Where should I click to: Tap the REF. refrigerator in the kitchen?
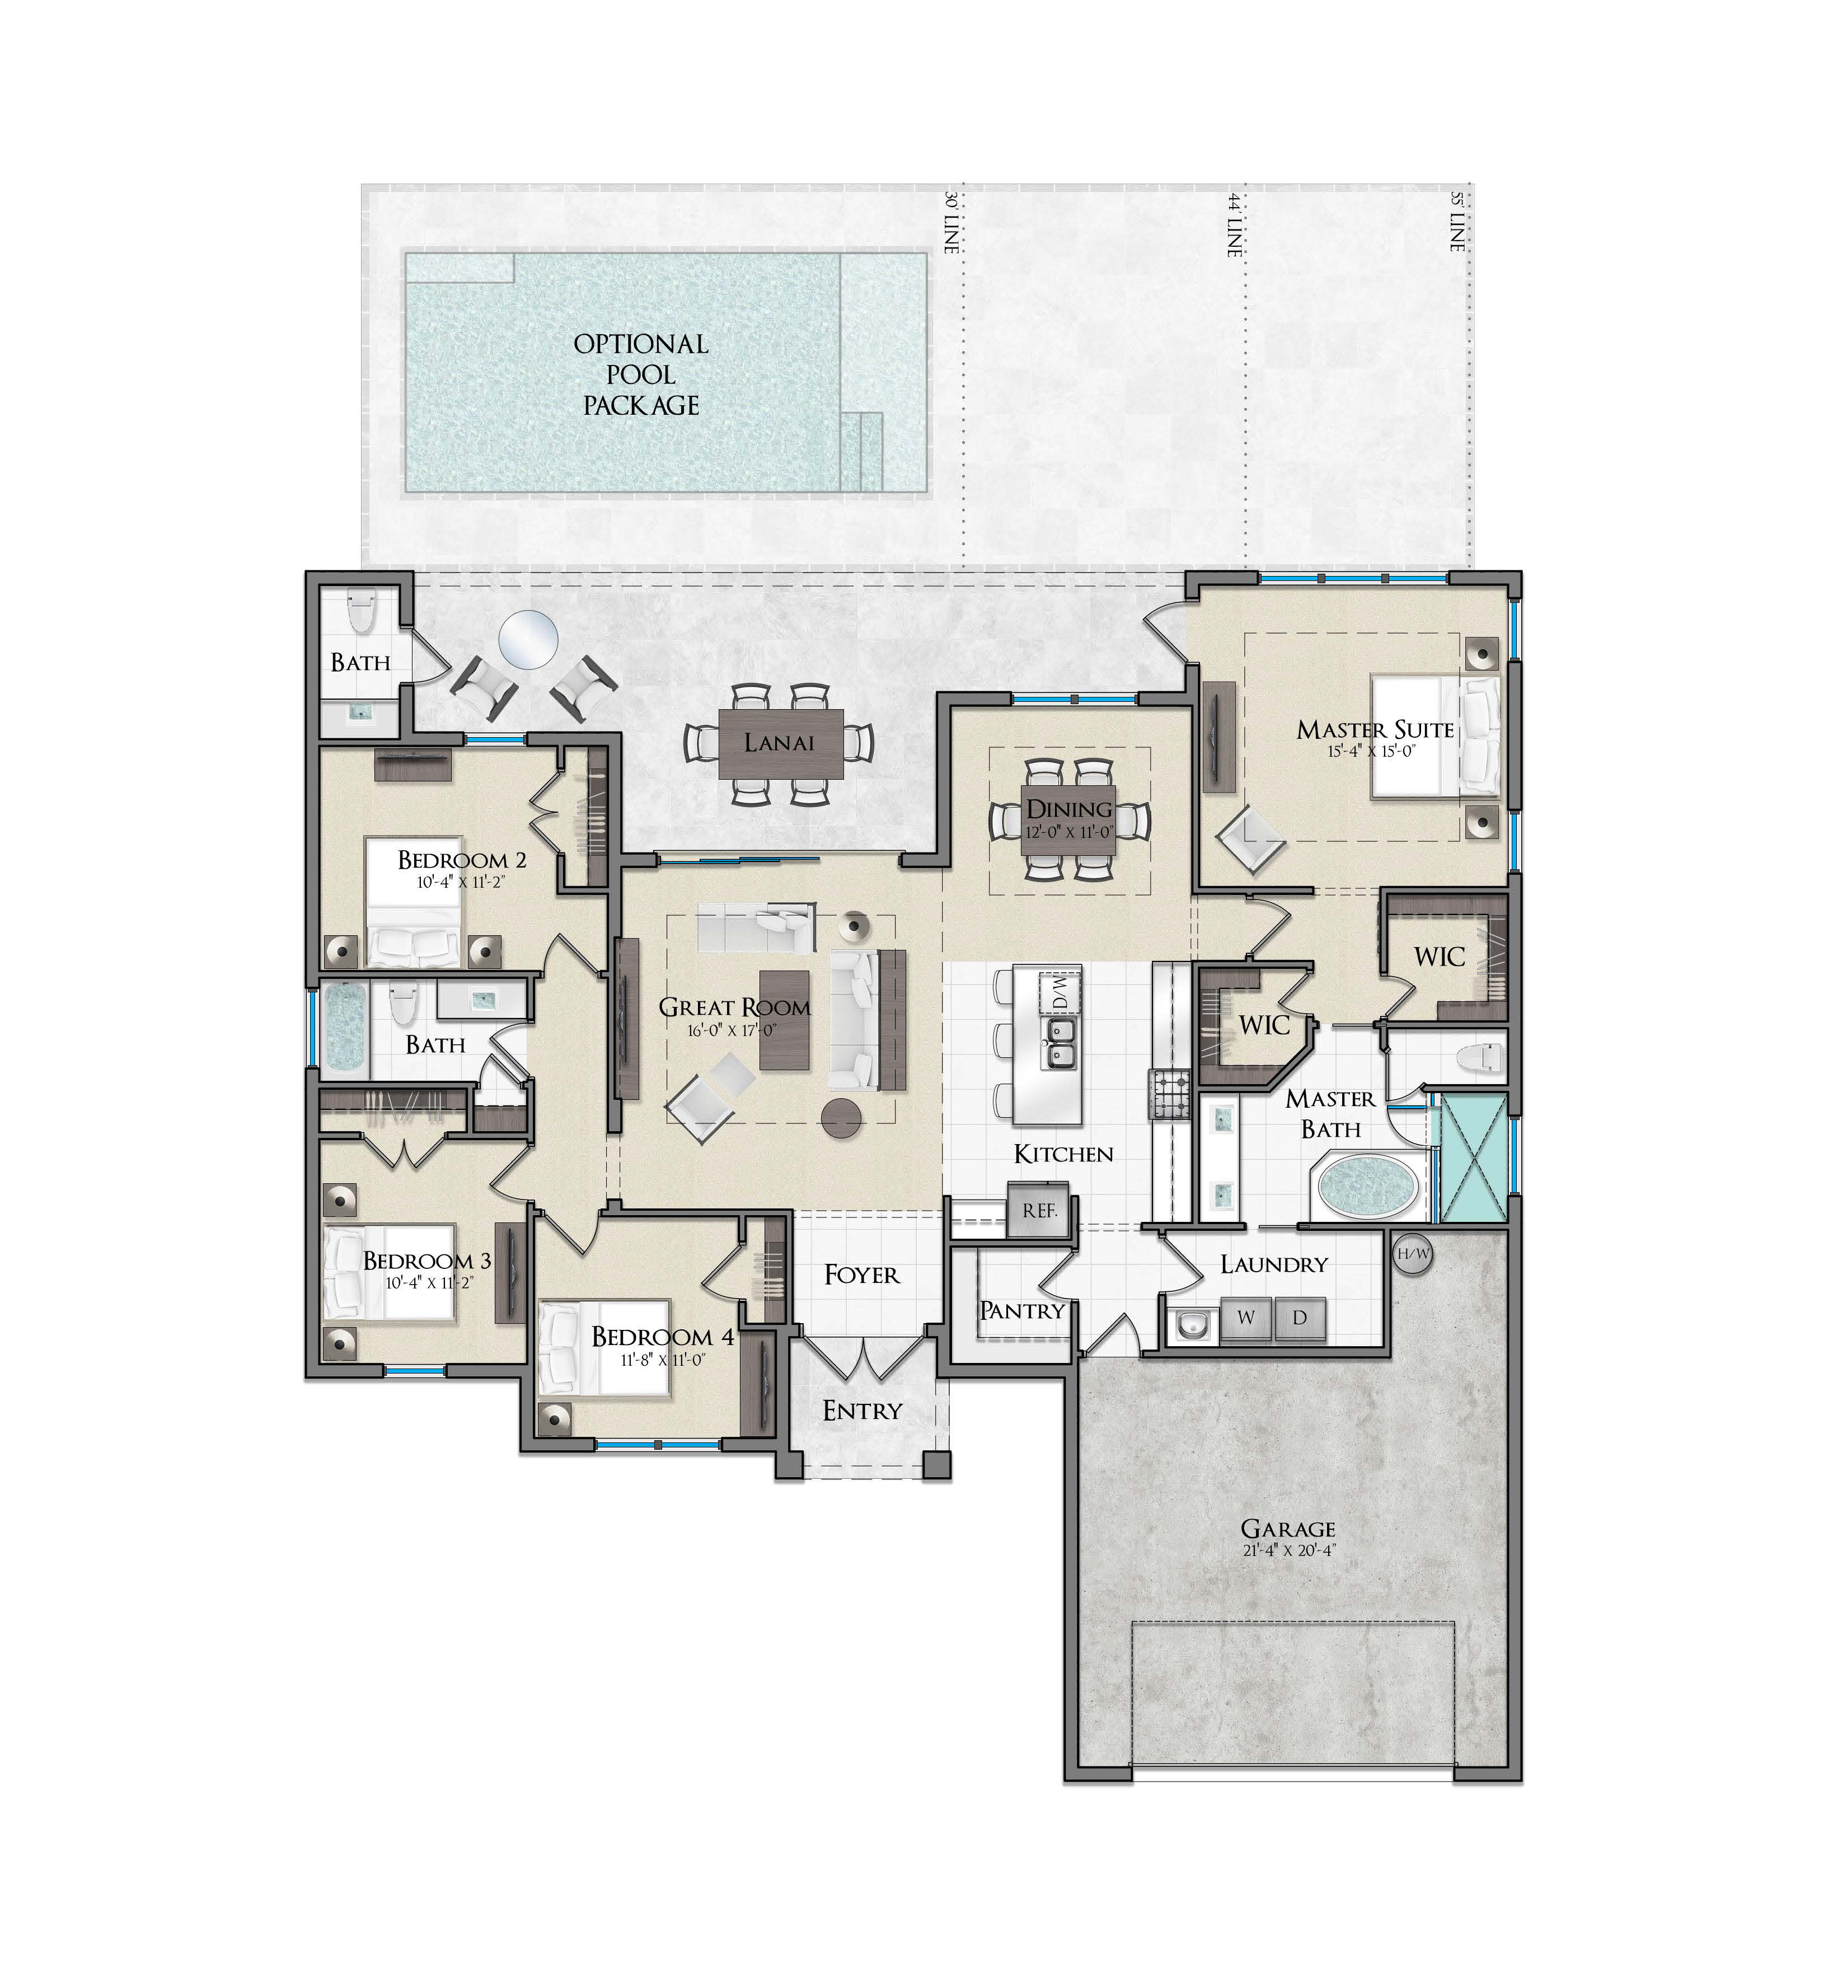[x=1038, y=1210]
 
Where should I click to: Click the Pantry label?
[x=1023, y=1311]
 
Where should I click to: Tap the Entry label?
[x=862, y=1410]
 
